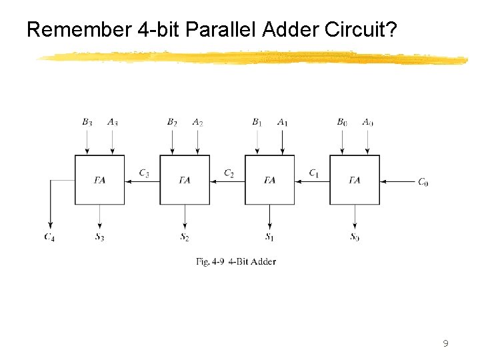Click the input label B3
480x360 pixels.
click(87, 122)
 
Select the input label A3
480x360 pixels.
click(112, 122)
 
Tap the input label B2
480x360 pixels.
click(172, 122)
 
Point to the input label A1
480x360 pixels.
click(283, 122)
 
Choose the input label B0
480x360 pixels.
click(342, 122)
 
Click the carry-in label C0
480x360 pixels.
click(423, 182)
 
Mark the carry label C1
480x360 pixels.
click(314, 173)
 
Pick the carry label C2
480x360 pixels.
click(229, 173)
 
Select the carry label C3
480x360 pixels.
click(144, 173)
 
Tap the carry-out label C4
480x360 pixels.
click(49, 237)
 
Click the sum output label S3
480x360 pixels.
click(99, 237)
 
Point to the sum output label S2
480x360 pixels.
click(185, 237)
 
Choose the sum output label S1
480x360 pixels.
click(269, 237)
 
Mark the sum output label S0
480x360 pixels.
click(355, 237)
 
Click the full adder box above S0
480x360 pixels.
click(355, 180)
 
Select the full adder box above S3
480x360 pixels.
click(99, 180)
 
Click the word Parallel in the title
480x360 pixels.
click(223, 29)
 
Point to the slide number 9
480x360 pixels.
click(445, 344)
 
